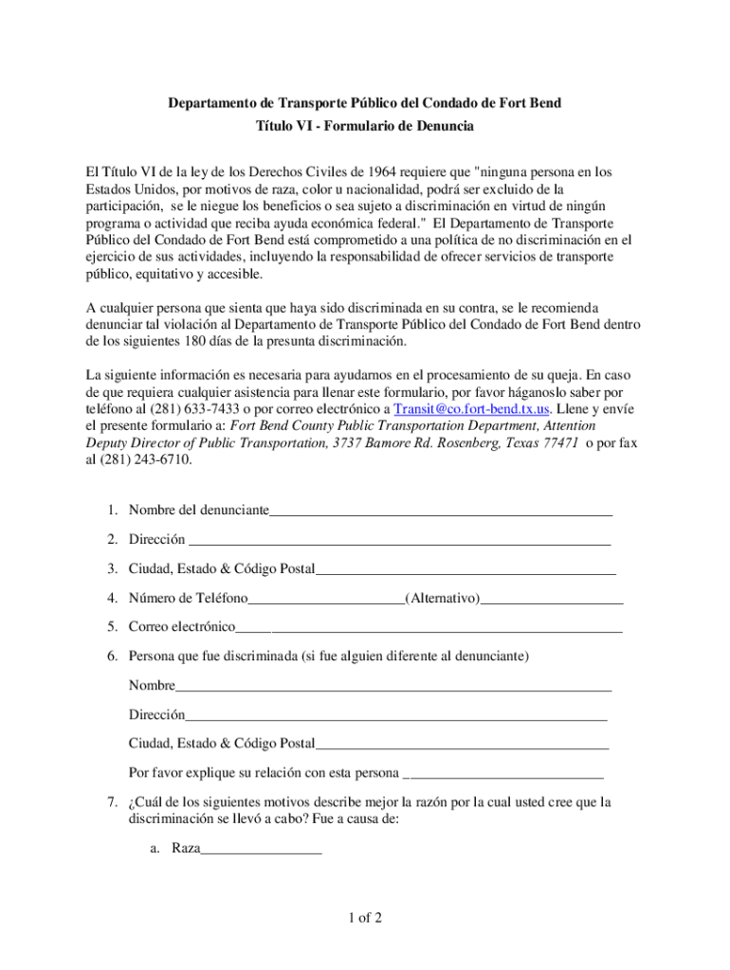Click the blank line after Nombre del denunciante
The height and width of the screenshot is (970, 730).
click(441, 512)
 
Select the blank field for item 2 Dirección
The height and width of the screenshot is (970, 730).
click(399, 541)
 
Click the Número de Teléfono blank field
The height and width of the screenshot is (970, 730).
click(326, 599)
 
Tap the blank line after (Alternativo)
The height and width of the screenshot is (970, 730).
click(552, 599)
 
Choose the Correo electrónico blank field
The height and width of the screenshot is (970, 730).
click(429, 627)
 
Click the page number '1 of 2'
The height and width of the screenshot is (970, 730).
click(364, 918)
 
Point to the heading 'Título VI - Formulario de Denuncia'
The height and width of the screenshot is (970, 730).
click(365, 126)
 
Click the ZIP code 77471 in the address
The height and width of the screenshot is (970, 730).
click(561, 442)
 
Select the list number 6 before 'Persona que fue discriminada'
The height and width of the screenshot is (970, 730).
click(111, 656)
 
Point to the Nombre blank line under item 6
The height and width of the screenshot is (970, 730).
click(393, 686)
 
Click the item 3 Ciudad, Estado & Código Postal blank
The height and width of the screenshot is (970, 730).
click(465, 570)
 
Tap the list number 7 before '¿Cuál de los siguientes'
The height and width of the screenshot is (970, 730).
click(111, 802)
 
